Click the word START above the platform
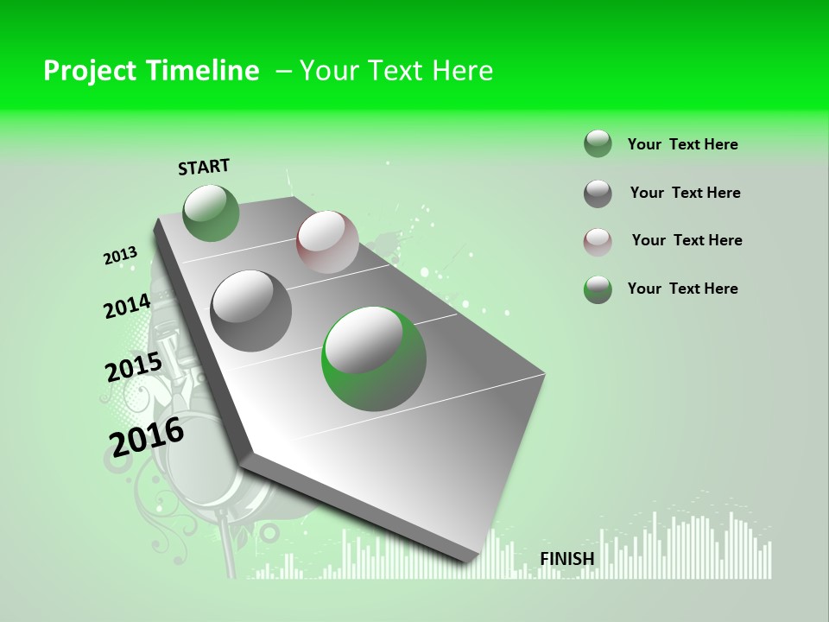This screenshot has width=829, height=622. (204, 167)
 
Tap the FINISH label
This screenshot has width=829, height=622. (567, 559)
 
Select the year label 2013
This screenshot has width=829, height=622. (120, 256)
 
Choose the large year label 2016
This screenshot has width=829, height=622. (147, 436)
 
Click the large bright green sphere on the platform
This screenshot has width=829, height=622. (374, 358)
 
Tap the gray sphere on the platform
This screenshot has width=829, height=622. (251, 310)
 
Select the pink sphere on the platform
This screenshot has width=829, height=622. (327, 242)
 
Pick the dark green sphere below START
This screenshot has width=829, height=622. (212, 213)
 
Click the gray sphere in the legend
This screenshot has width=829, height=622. (598, 194)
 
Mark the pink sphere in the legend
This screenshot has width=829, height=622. (598, 241)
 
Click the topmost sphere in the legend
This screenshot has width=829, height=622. (598, 143)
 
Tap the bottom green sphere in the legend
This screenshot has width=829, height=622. (598, 289)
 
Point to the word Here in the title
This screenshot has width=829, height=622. (462, 71)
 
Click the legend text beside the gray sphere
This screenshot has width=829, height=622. (685, 193)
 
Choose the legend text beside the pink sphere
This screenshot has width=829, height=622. (687, 240)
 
